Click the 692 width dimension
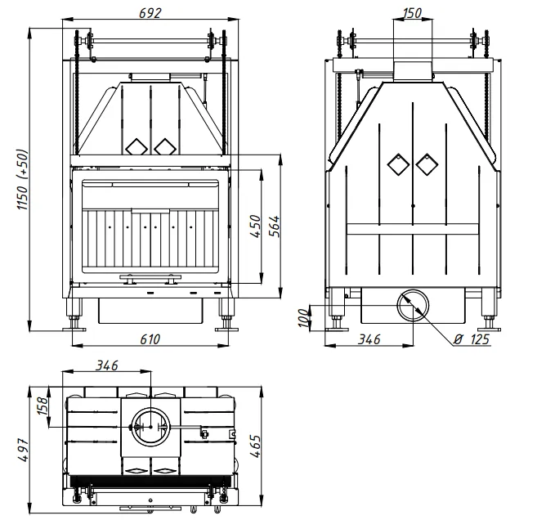(150, 13)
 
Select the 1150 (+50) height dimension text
(23, 179)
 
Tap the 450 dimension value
(256, 226)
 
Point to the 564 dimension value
(275, 226)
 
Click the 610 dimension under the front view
(150, 339)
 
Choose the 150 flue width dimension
(412, 13)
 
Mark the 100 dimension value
(303, 317)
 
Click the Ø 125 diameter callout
(472, 339)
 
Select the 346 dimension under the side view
(369, 339)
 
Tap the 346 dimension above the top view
(107, 365)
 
